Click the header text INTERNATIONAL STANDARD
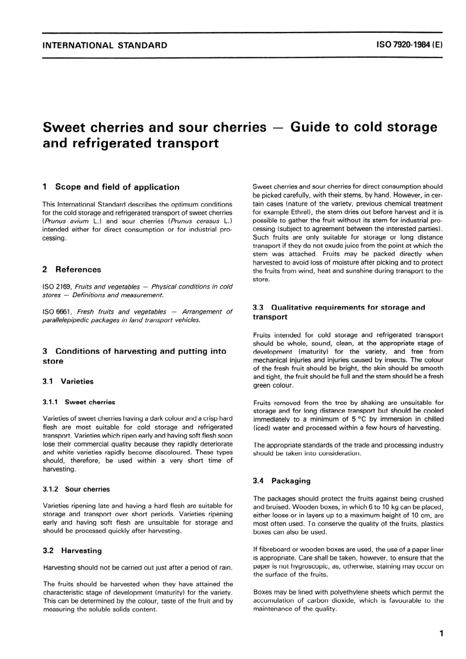point(105,46)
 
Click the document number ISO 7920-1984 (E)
point(410,45)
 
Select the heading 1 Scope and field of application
point(111,187)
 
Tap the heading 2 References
point(72,269)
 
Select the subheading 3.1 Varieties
point(68,381)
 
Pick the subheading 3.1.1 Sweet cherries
point(79,402)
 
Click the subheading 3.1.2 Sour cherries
point(77,489)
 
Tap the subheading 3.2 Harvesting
point(73,551)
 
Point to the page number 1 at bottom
point(441,633)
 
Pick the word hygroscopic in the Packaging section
point(297,566)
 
